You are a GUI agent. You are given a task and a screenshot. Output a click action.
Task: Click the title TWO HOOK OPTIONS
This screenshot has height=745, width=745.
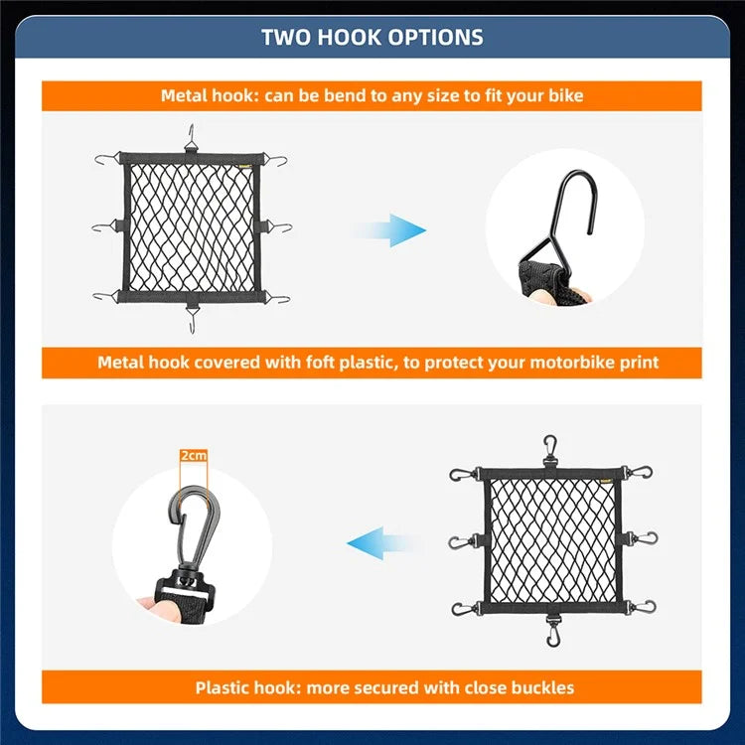[372, 38]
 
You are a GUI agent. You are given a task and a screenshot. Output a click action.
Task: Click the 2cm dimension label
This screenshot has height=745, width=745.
[194, 456]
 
